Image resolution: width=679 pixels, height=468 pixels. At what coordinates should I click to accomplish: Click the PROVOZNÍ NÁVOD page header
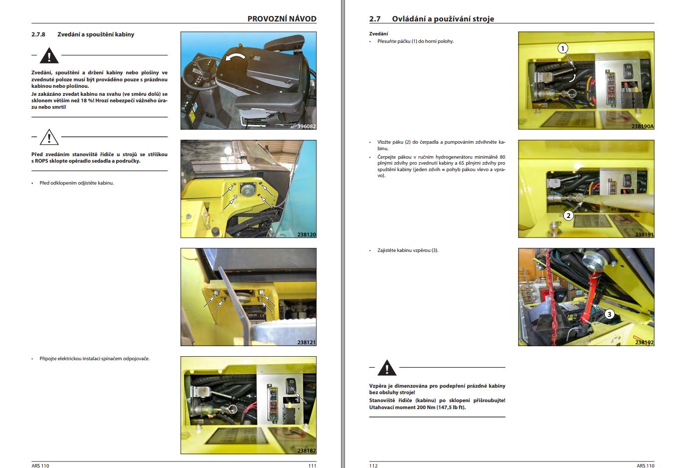click(282, 18)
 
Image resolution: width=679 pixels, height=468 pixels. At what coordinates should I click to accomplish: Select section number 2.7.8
click(38, 34)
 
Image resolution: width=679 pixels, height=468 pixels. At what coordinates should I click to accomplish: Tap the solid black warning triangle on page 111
click(49, 56)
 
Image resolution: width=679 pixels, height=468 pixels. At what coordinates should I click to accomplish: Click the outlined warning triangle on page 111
click(49, 137)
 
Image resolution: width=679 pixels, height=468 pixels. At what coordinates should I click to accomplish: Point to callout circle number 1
click(562, 48)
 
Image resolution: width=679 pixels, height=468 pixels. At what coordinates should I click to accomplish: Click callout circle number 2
click(568, 216)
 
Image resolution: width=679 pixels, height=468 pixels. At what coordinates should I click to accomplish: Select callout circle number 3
click(609, 314)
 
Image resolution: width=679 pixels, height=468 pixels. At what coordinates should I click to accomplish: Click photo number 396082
click(306, 126)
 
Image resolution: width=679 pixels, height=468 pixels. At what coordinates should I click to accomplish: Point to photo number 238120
click(306, 234)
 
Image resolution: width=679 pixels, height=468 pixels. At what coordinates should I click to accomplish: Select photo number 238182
click(306, 451)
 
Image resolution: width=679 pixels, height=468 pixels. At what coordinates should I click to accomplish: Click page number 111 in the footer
click(312, 466)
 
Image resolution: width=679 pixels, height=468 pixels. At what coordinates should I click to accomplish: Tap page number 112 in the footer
click(373, 466)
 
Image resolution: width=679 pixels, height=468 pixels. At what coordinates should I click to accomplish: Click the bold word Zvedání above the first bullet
click(378, 34)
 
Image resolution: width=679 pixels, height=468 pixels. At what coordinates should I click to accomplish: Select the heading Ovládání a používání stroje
click(443, 18)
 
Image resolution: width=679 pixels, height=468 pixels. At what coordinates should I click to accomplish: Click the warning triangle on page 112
click(386, 368)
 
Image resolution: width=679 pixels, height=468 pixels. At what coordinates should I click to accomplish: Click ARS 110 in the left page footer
click(40, 466)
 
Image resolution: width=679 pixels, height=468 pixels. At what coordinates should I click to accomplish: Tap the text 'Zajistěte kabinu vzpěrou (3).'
click(407, 250)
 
